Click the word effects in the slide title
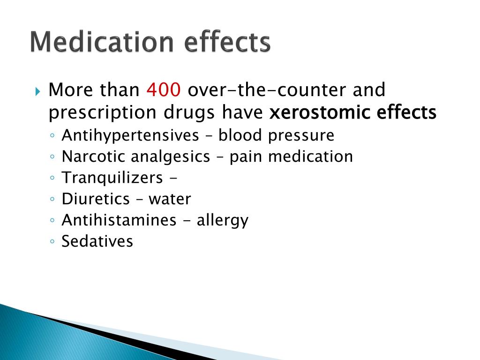click(227, 43)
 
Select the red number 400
click(163, 90)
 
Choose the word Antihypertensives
click(130, 135)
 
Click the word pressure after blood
click(301, 135)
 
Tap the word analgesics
click(170, 157)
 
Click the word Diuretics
click(96, 199)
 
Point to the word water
click(170, 199)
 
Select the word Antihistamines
click(119, 220)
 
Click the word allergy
click(222, 220)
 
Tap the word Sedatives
click(97, 241)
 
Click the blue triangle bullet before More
click(38, 90)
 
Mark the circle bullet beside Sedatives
click(52, 242)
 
